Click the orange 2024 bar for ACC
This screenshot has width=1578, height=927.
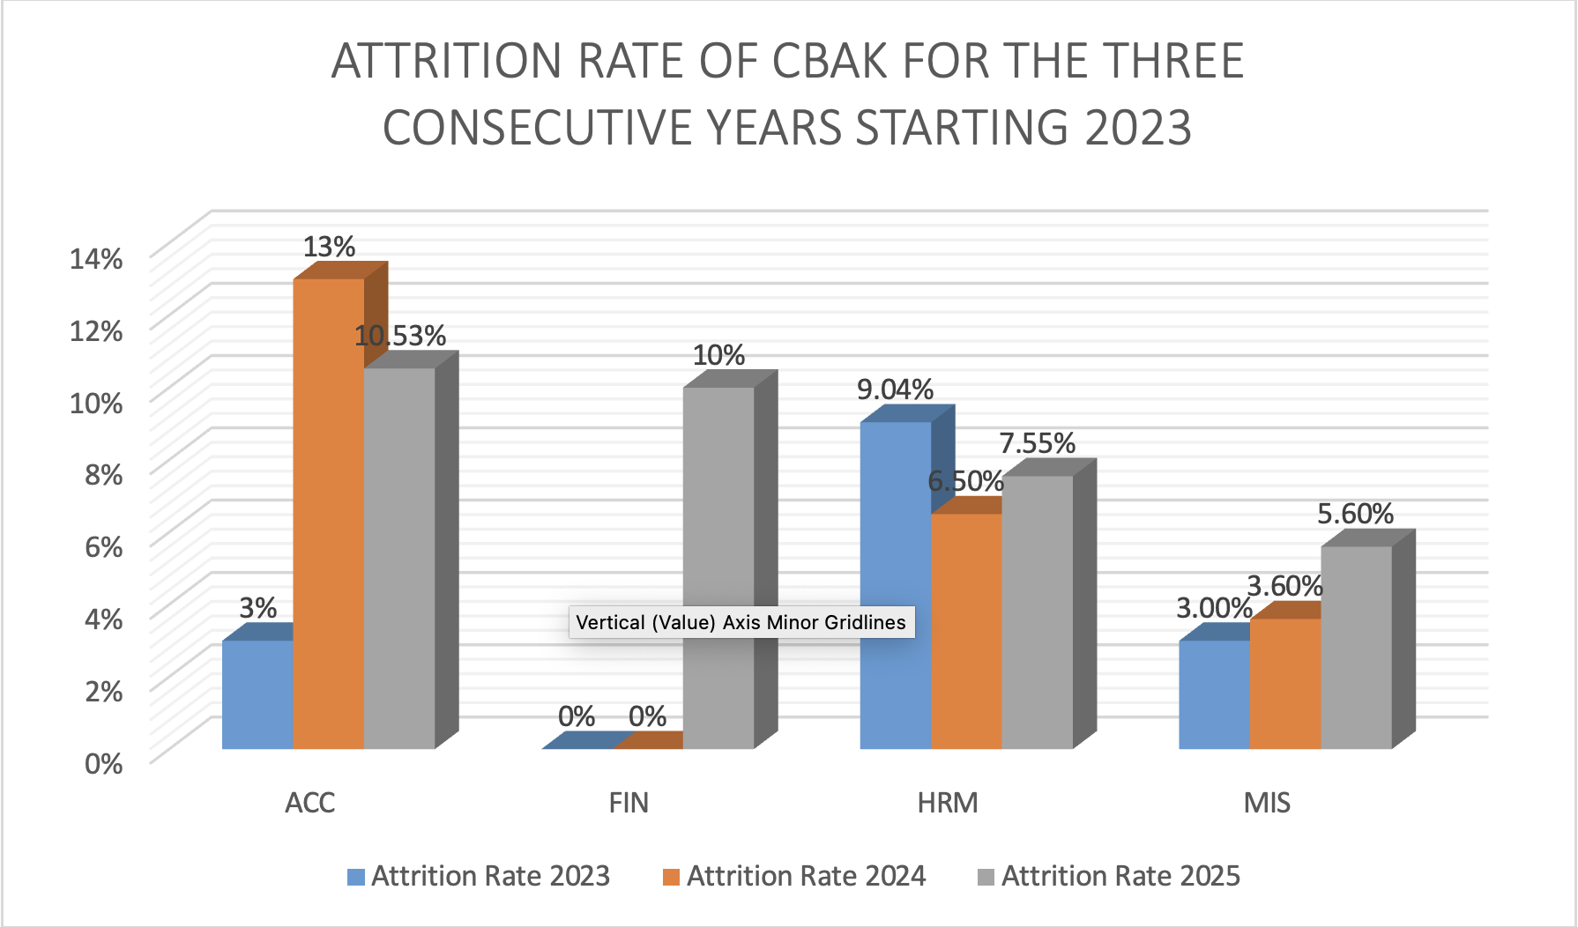point(328,511)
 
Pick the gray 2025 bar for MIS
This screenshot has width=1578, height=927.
point(1356,648)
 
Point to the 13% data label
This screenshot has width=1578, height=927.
point(329,247)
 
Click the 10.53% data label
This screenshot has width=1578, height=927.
point(400,336)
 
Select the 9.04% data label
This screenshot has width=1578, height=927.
point(895,389)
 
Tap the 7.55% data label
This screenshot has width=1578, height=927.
point(1037,443)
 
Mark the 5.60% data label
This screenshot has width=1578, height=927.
point(1355,514)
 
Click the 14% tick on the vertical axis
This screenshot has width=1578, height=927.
point(96,259)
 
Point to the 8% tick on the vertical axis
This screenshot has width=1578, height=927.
point(103,475)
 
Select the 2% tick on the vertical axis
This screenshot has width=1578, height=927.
point(103,691)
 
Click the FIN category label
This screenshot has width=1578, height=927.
point(629,803)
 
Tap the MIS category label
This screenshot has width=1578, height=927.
point(1267,803)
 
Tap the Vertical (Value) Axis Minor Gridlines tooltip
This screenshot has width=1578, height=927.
point(741,622)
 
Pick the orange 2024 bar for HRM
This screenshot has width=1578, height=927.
point(966,630)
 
